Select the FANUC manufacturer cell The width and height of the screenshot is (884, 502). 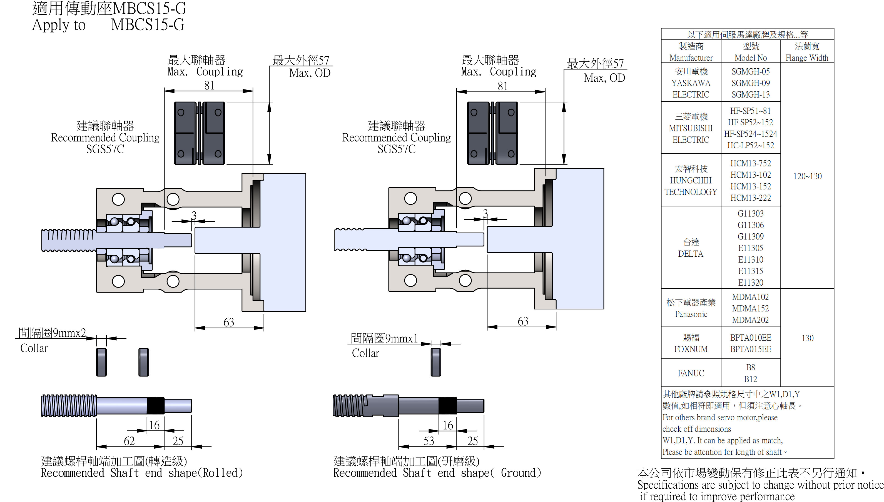pyautogui.click(x=691, y=373)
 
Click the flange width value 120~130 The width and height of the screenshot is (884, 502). pyautogui.click(x=807, y=176)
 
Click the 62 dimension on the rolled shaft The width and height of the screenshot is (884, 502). pyautogui.click(x=129, y=441)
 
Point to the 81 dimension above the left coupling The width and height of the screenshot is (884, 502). pyautogui.click(x=209, y=85)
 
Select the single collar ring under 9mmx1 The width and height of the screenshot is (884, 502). pyautogui.click(x=436, y=362)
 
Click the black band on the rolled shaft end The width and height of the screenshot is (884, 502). pyautogui.click(x=156, y=406)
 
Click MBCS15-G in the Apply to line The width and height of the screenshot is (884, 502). pyautogui.click(x=147, y=25)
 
